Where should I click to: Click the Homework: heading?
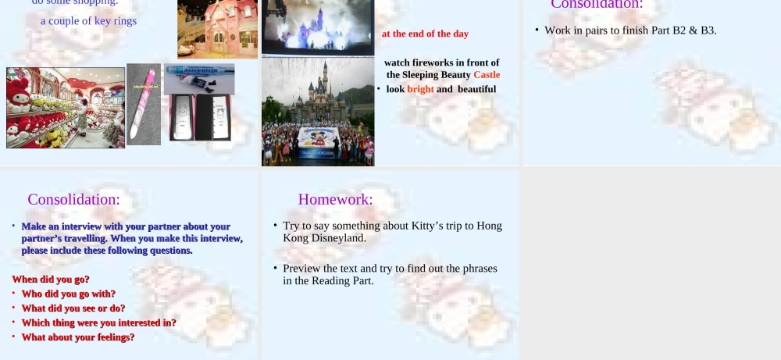click(x=335, y=199)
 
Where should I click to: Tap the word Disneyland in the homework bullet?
click(x=340, y=237)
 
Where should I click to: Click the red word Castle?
click(x=487, y=75)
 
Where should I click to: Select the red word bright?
click(x=420, y=89)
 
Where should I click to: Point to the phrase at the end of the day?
click(x=425, y=34)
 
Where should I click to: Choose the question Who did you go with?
click(x=69, y=294)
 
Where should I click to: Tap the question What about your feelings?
click(x=78, y=337)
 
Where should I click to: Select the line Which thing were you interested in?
click(x=98, y=323)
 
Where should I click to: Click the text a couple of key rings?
click(x=88, y=21)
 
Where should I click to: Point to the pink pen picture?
click(x=143, y=104)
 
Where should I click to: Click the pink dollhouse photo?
click(x=217, y=29)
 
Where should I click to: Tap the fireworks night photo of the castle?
click(x=318, y=27)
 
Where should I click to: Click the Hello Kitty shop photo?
click(x=66, y=108)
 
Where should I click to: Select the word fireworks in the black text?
click(x=433, y=62)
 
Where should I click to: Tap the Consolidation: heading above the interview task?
click(x=73, y=199)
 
